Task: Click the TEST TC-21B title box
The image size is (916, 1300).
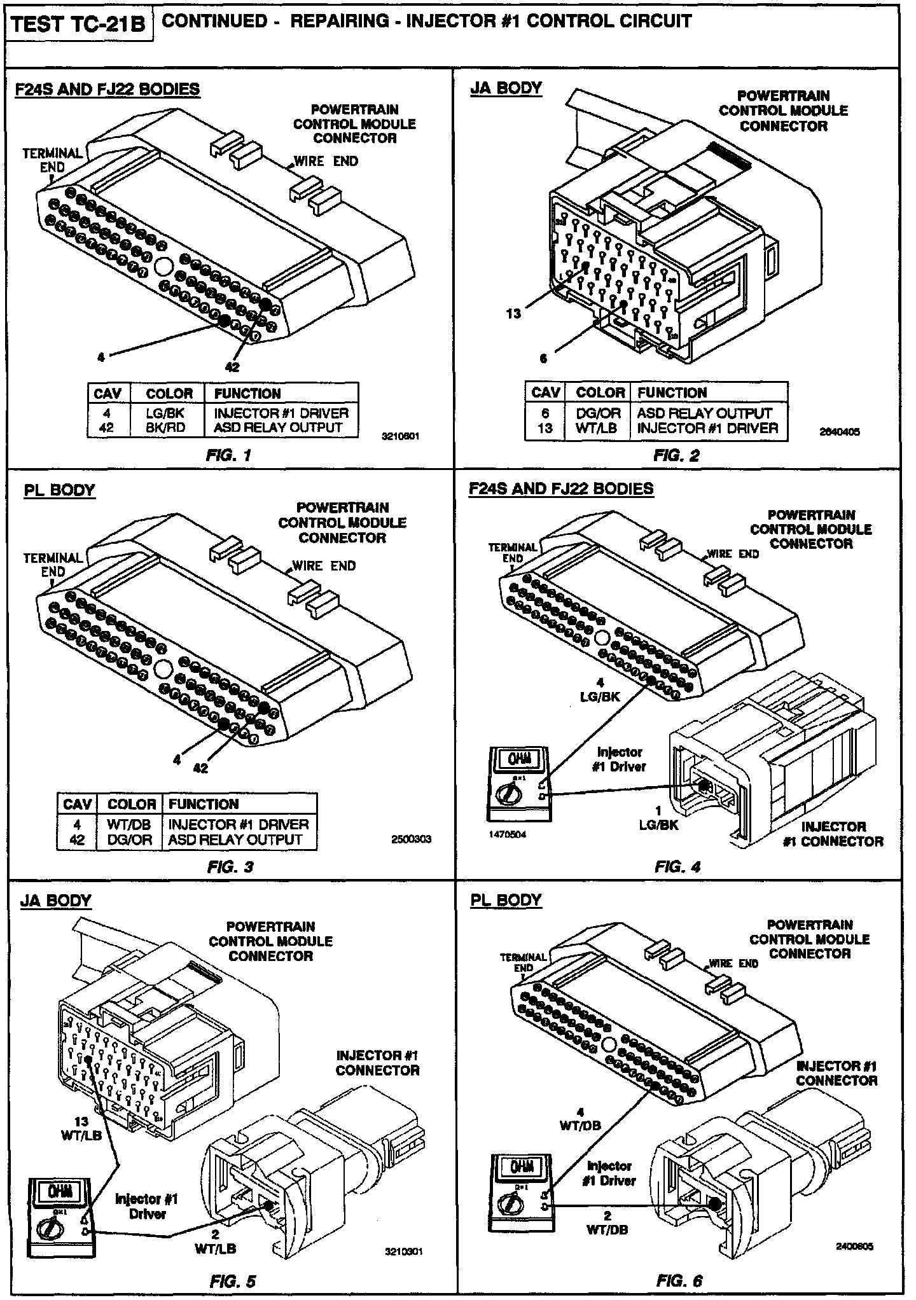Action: click(79, 24)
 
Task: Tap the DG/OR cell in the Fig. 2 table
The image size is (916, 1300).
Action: click(598, 413)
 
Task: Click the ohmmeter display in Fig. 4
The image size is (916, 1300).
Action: click(511, 759)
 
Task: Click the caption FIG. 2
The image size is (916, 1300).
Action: click(676, 455)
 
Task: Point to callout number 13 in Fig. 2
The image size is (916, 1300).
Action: click(513, 313)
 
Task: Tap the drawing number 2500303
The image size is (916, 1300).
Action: click(412, 839)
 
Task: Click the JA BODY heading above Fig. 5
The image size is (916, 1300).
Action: click(56, 900)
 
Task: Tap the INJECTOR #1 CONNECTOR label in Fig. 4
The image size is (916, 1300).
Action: click(833, 834)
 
